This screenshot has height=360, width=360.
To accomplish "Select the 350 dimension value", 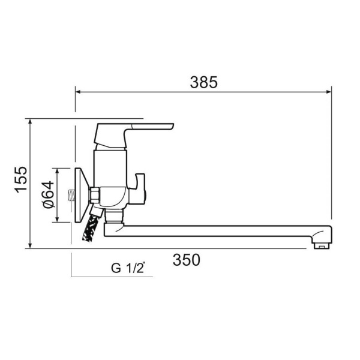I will [187, 260].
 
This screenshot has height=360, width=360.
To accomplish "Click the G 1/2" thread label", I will [128, 268].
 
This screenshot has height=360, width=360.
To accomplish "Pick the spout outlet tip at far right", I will [323, 243].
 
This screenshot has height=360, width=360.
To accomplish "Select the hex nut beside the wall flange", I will [94, 195].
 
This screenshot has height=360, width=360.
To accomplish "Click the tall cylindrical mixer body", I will [110, 168].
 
